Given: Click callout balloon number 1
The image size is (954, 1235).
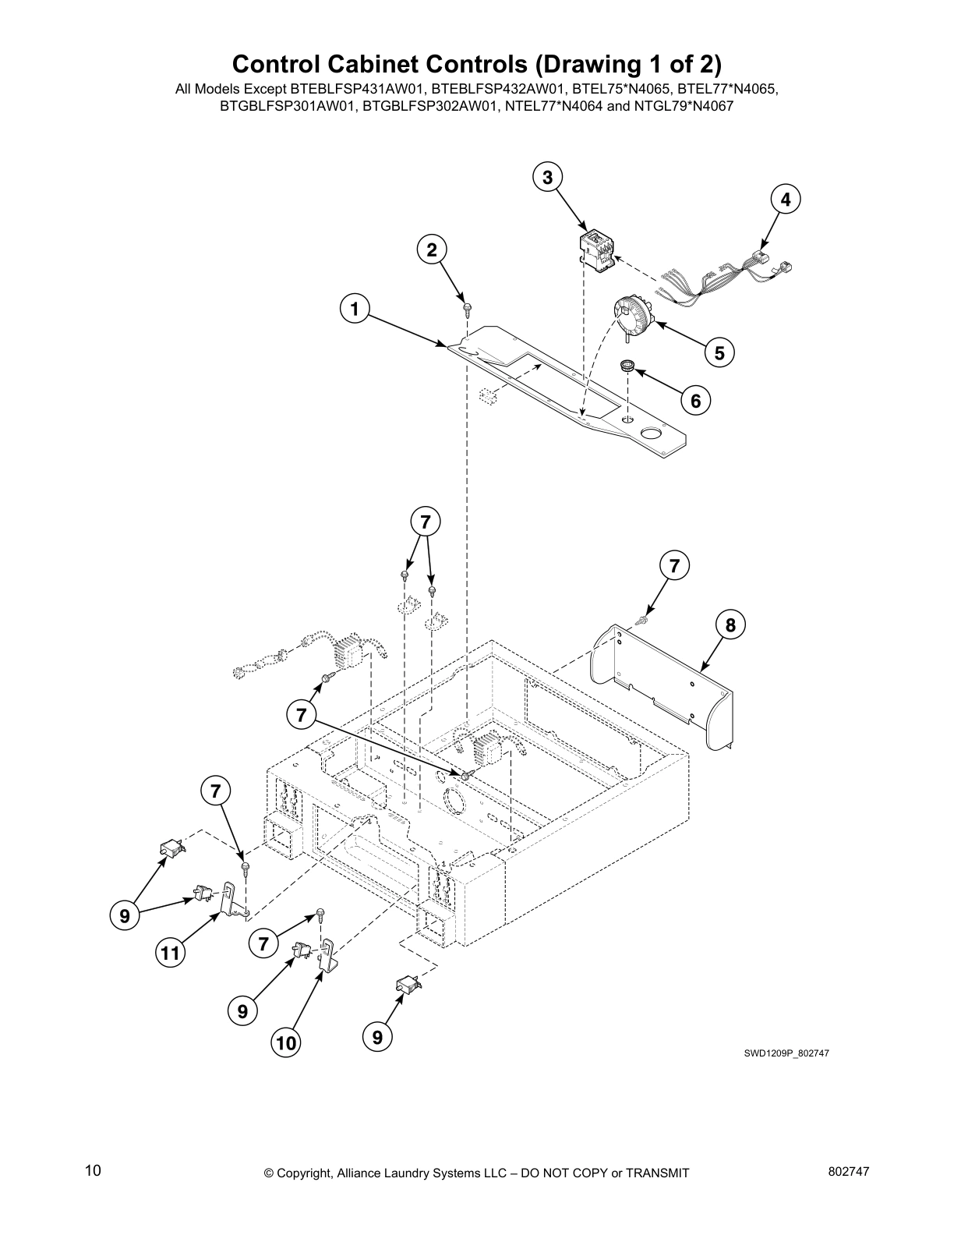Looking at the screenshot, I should point(355,310).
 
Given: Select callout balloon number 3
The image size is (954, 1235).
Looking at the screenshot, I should point(548,178).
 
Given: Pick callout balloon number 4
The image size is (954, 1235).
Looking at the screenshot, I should point(786,200).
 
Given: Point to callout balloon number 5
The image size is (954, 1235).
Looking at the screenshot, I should point(719,353).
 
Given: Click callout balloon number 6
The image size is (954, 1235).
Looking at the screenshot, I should point(695,401).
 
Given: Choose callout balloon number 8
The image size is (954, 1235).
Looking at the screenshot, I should point(730,625).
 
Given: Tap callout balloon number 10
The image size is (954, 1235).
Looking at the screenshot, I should point(286,1042).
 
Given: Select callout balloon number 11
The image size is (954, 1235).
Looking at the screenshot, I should point(171,953).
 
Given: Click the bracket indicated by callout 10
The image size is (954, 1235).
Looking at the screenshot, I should point(330,956).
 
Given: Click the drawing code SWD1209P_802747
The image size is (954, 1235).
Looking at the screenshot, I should point(786,1053).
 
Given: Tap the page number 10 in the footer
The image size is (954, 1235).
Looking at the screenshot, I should point(93,1170).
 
